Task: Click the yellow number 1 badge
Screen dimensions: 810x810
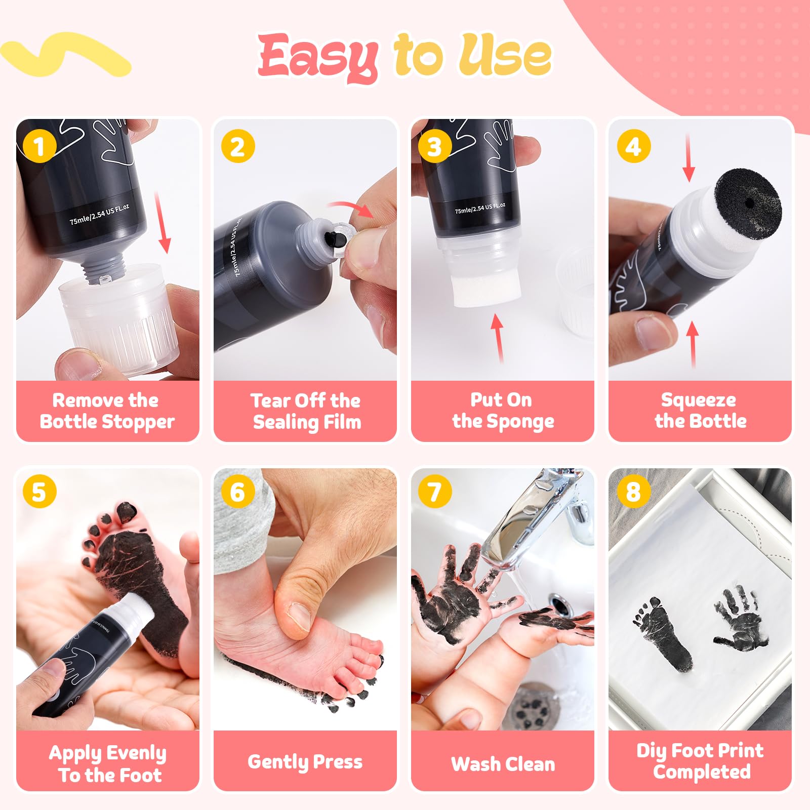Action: coord(39,146)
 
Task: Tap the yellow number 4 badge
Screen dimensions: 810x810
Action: coord(633,146)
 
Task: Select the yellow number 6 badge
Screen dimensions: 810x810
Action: coord(237,492)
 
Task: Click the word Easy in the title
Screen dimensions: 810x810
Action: coord(318,57)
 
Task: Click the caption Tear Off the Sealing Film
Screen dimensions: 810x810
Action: coord(307,411)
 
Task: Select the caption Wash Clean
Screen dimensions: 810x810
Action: coord(503,764)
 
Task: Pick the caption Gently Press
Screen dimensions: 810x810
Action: coord(305,762)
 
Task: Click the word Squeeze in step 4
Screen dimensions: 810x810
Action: coord(699,400)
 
